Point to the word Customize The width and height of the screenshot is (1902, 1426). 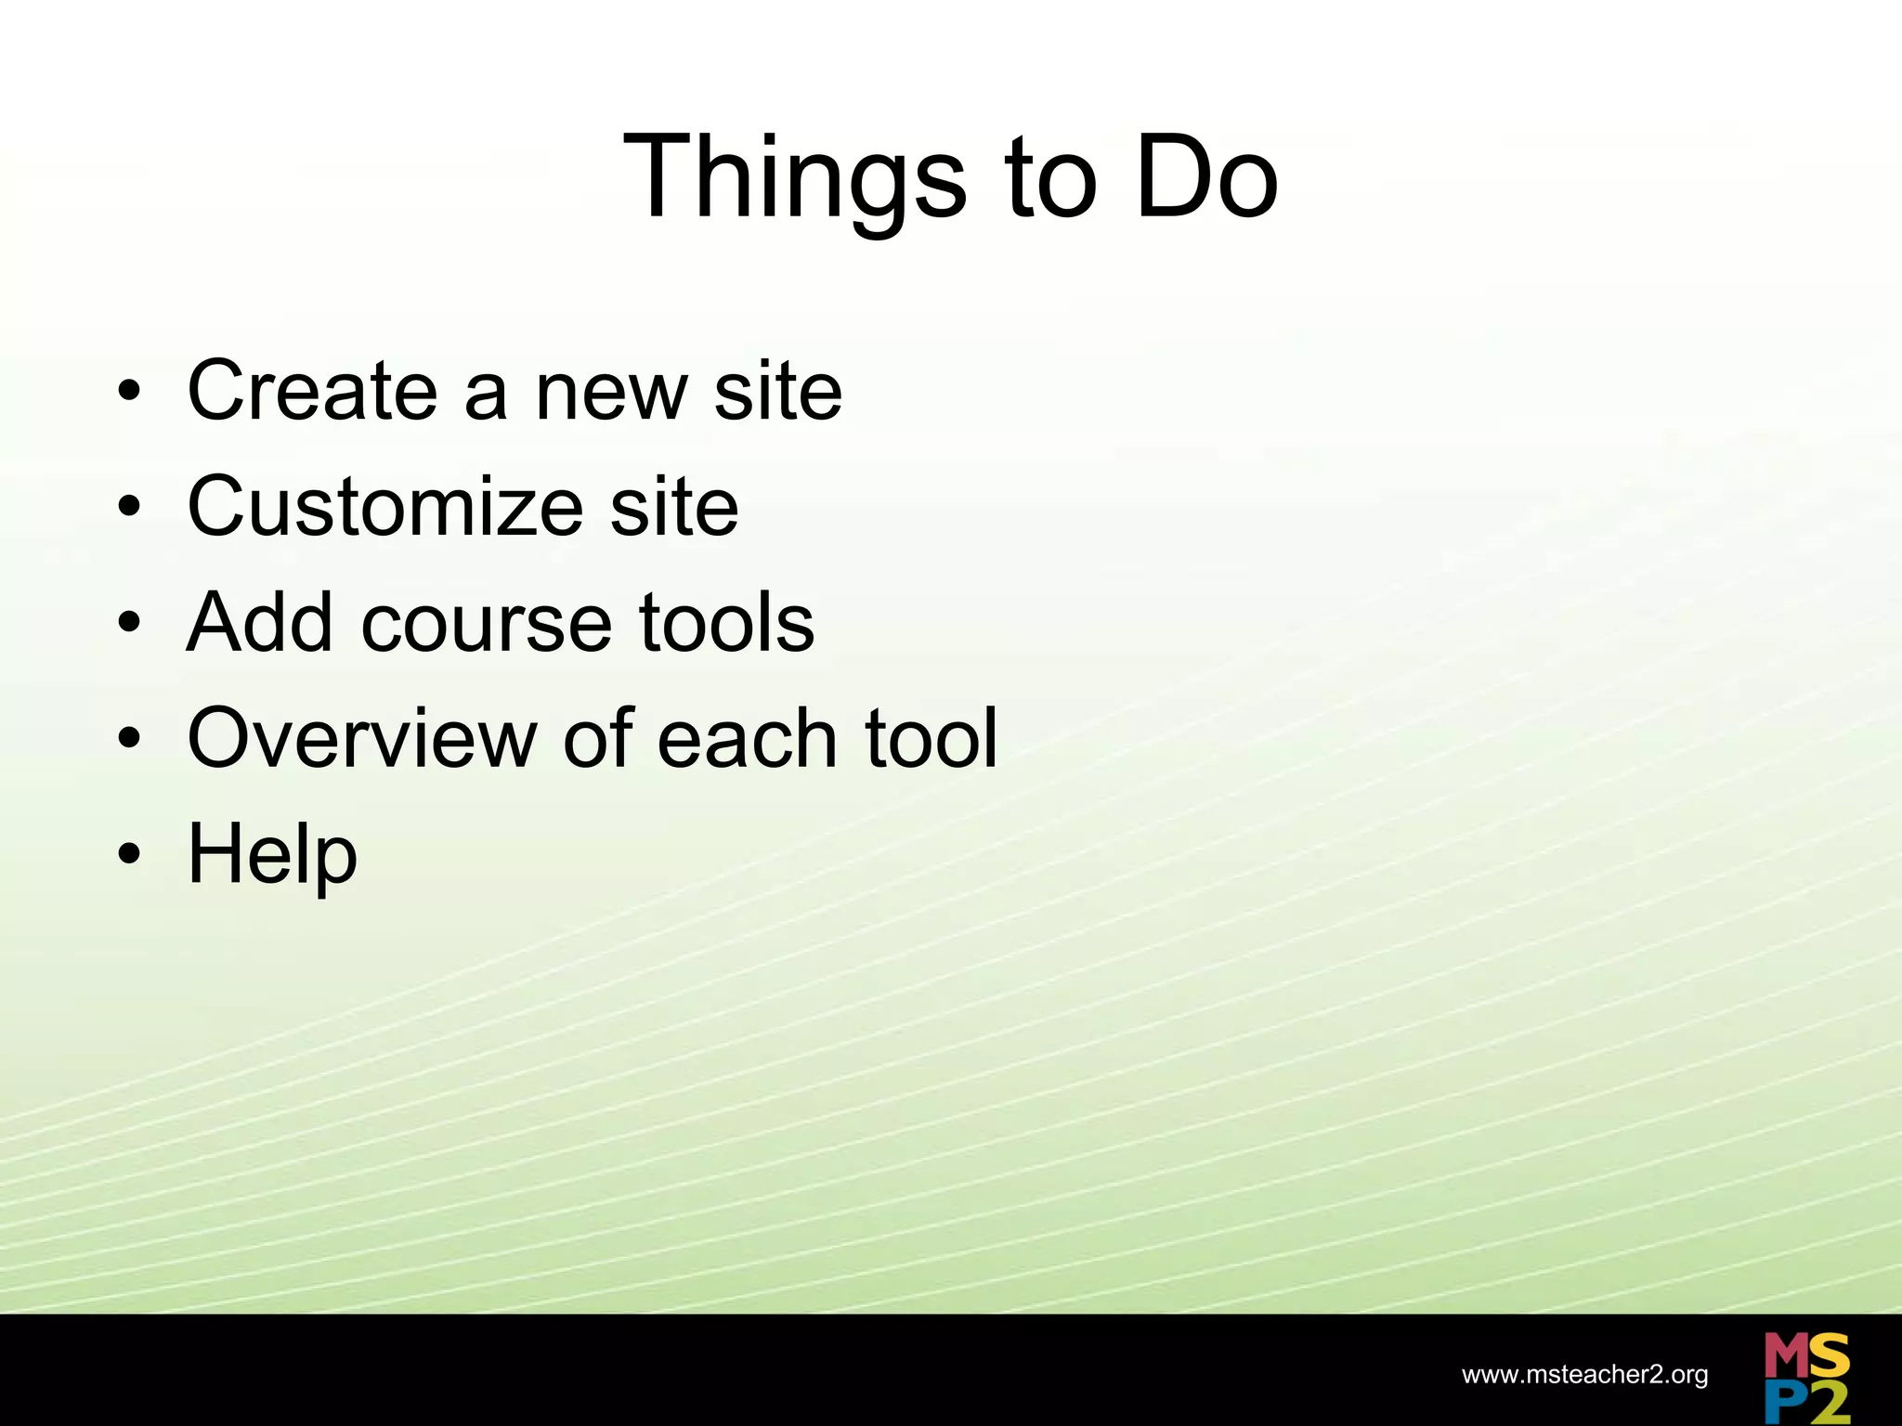(384, 507)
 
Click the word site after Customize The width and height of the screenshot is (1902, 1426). (674, 507)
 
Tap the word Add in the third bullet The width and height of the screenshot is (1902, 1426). (259, 623)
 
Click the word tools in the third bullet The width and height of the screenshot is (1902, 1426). (726, 623)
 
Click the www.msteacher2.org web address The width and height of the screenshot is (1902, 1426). (1584, 1375)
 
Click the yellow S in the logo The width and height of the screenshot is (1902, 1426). (1829, 1356)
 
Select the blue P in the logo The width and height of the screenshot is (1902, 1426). (1782, 1402)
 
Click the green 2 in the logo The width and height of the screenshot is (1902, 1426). (1828, 1403)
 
